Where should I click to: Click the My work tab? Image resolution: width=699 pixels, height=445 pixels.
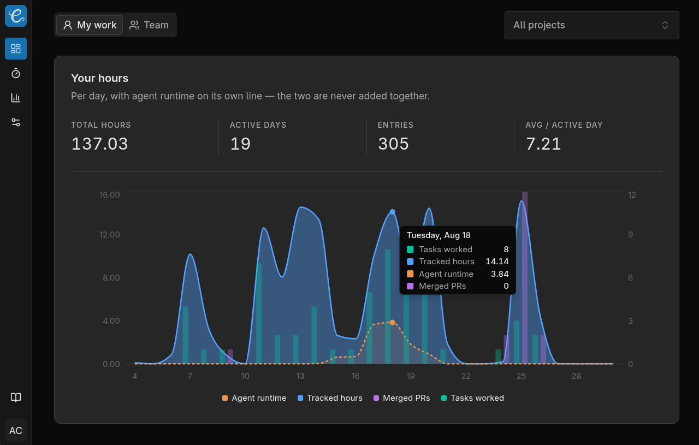pyautogui.click(x=90, y=25)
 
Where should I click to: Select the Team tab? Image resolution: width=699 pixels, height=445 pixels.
pyautogui.click(x=149, y=25)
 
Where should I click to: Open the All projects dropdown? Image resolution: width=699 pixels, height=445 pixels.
pyautogui.click(x=591, y=25)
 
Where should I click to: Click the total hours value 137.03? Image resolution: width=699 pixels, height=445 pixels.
pyautogui.click(x=99, y=144)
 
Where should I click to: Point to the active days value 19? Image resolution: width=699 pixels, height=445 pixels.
pyautogui.click(x=240, y=144)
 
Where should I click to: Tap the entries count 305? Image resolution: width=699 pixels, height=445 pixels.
pyautogui.click(x=393, y=144)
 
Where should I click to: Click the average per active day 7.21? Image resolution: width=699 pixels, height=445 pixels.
pyautogui.click(x=543, y=144)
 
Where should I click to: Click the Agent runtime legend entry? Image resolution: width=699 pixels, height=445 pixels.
pyautogui.click(x=254, y=398)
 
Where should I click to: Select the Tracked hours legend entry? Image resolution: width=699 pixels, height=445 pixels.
pyautogui.click(x=330, y=398)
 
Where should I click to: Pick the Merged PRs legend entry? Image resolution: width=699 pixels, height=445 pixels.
pyautogui.click(x=401, y=398)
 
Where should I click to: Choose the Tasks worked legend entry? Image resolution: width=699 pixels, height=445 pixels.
pyautogui.click(x=472, y=398)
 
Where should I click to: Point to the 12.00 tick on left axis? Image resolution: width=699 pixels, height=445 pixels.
pyautogui.click(x=110, y=235)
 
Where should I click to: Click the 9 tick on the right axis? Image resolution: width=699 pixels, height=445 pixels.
pyautogui.click(x=630, y=235)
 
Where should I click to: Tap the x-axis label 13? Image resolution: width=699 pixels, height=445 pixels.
pyautogui.click(x=300, y=376)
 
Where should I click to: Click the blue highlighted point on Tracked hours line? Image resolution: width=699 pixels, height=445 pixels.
pyautogui.click(x=393, y=212)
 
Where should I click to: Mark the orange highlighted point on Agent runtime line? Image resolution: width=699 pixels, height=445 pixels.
pyautogui.click(x=393, y=322)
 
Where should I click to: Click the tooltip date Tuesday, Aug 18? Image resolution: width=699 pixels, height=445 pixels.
pyautogui.click(x=439, y=235)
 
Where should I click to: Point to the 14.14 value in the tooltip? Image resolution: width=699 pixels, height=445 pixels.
pyautogui.click(x=497, y=262)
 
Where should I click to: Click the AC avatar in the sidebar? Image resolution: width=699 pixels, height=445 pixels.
pyautogui.click(x=16, y=431)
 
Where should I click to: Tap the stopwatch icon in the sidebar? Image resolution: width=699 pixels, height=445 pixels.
pyautogui.click(x=16, y=73)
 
